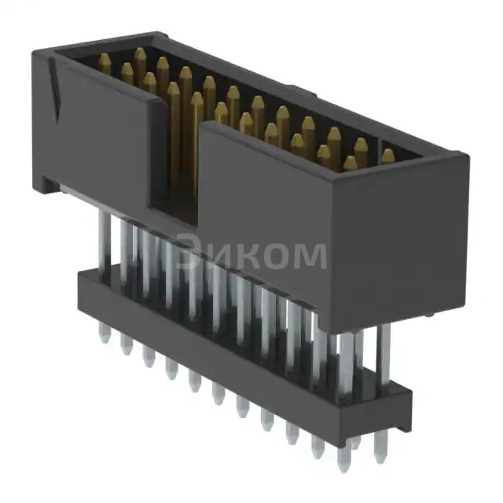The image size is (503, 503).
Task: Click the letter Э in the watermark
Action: pos(189,254)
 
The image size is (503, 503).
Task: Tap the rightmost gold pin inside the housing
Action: pos(387,156)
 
